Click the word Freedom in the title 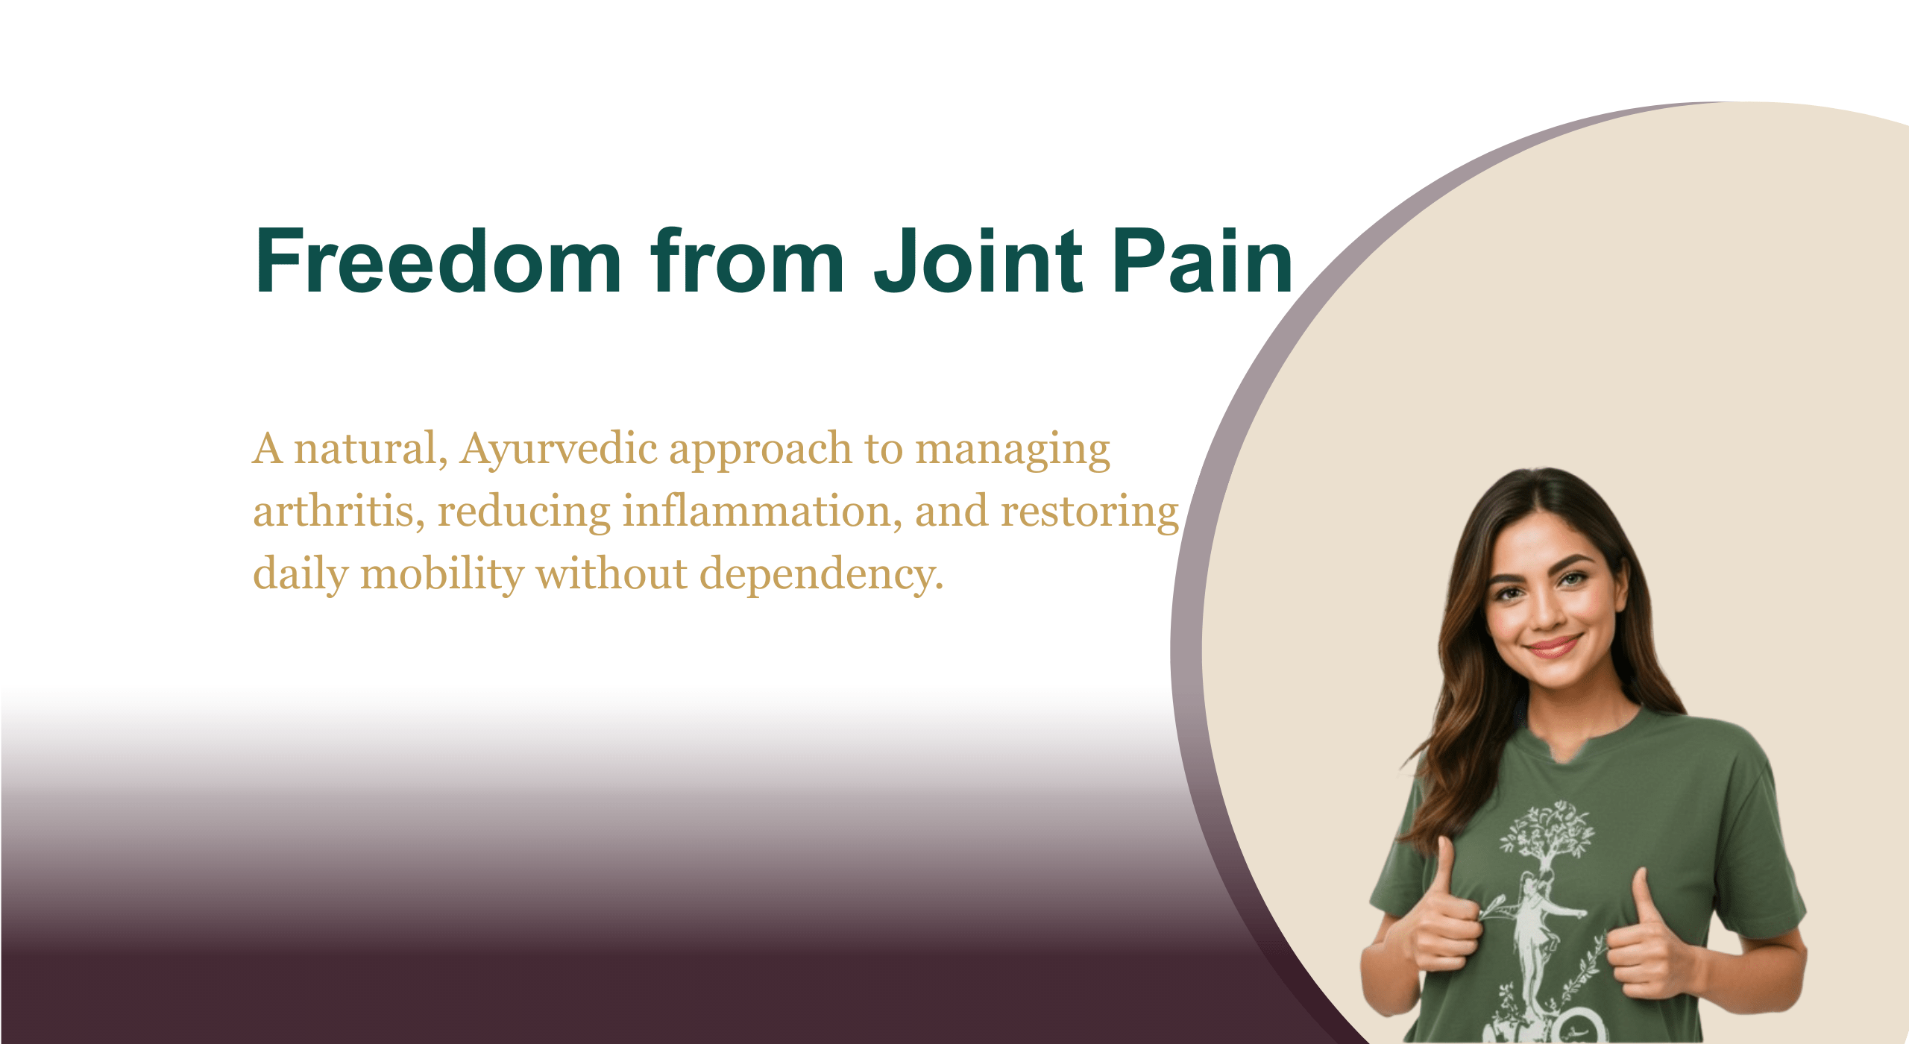438,260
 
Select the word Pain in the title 1202,260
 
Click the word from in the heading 748,260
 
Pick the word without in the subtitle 611,575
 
